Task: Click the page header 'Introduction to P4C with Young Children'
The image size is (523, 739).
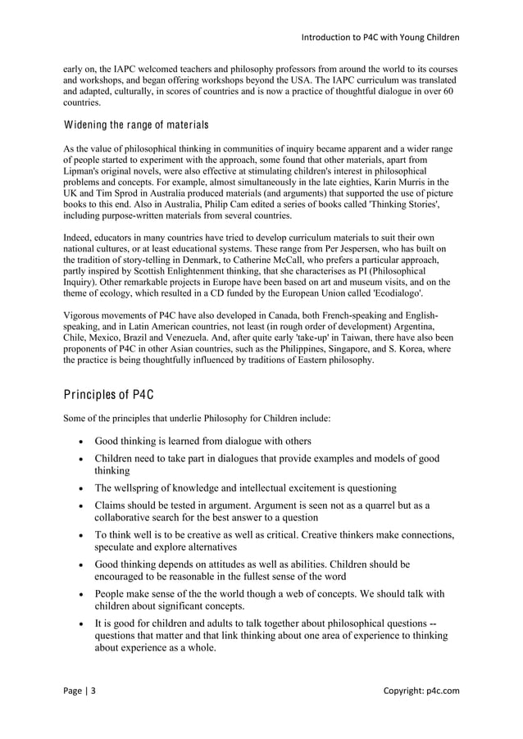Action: pos(380,37)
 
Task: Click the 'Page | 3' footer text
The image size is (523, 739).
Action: pos(80,691)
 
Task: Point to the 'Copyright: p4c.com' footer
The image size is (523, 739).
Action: pos(421,691)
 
